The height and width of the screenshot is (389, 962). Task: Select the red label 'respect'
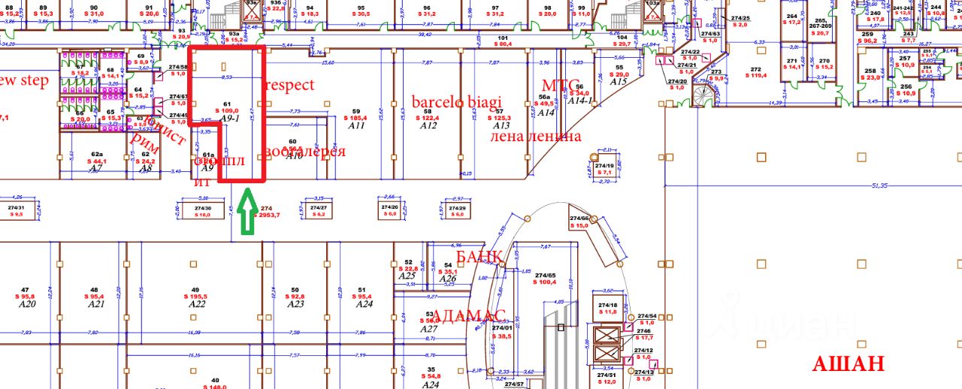pyautogui.click(x=291, y=85)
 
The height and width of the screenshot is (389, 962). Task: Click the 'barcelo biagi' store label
pyautogui.click(x=456, y=102)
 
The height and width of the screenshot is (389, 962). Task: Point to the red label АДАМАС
pyautogui.click(x=470, y=315)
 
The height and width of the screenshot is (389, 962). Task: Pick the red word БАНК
pyautogui.click(x=479, y=256)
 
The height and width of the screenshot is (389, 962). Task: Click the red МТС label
pyautogui.click(x=561, y=85)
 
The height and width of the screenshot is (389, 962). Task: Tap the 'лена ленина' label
pyautogui.click(x=535, y=137)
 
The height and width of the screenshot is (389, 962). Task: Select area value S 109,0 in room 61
pyautogui.click(x=225, y=111)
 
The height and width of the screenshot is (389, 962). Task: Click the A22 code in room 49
pyautogui.click(x=197, y=304)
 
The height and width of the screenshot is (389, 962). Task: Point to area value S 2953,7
pyautogui.click(x=265, y=215)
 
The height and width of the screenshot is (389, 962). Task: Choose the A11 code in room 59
pyautogui.click(x=356, y=125)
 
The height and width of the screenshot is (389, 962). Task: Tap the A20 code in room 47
pyautogui.click(x=26, y=304)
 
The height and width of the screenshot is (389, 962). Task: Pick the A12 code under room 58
pyautogui.click(x=428, y=125)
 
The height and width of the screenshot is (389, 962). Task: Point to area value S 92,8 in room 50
pyautogui.click(x=295, y=297)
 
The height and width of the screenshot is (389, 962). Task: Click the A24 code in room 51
pyautogui.click(x=364, y=304)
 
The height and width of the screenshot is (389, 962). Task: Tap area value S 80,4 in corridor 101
pyautogui.click(x=503, y=44)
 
